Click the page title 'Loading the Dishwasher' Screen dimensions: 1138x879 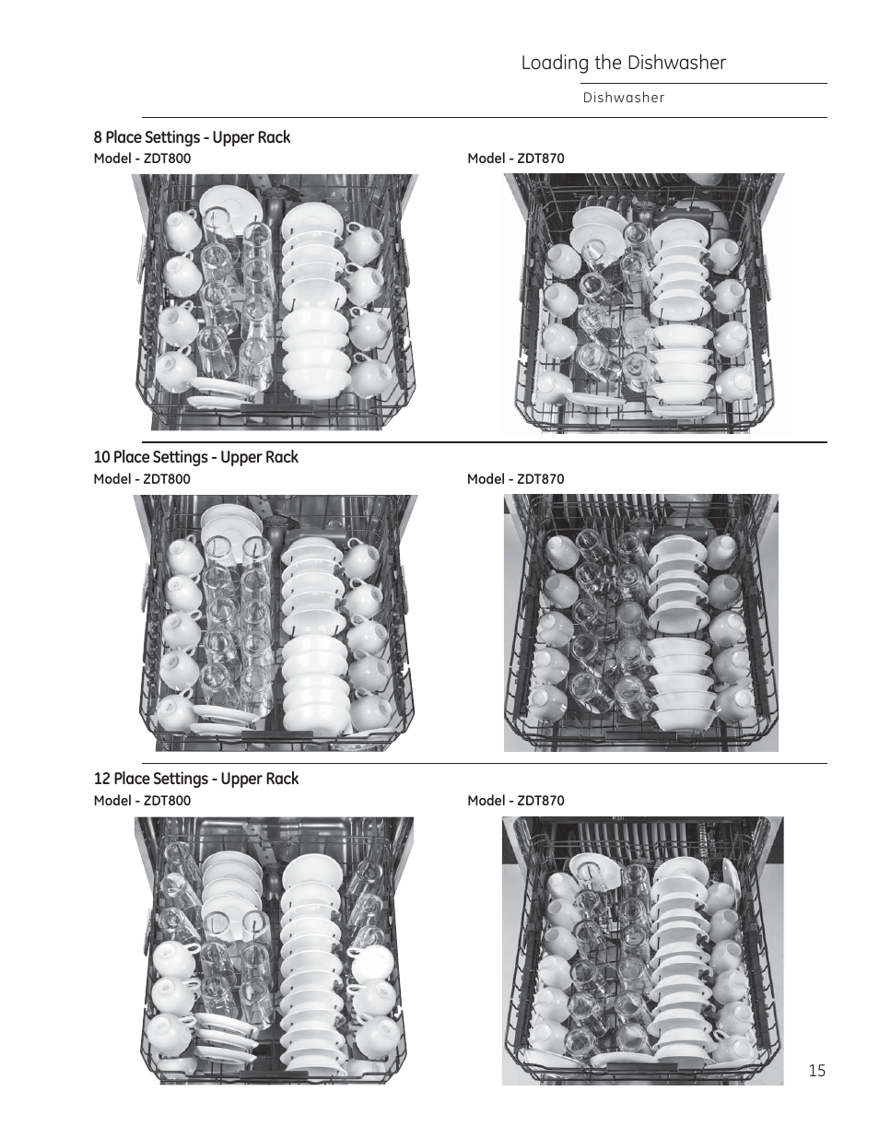(623, 63)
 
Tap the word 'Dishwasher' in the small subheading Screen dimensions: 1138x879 (623, 98)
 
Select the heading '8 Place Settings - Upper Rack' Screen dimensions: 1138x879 (192, 137)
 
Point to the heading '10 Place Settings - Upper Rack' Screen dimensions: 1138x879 (195, 457)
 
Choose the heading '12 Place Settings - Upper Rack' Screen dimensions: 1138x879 (196, 779)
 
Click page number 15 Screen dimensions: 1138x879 (817, 1070)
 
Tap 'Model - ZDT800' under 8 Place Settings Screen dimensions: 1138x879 (142, 158)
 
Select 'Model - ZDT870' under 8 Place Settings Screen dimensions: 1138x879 (515, 158)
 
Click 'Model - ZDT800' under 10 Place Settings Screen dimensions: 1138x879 (142, 479)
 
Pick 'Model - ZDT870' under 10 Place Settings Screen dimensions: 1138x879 (515, 479)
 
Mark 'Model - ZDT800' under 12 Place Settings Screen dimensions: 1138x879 (142, 801)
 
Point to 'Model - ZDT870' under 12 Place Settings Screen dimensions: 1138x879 (515, 801)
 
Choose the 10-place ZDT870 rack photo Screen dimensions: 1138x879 (641, 623)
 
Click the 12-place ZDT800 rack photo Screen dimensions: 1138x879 (275, 949)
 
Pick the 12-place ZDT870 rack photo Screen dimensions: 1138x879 (642, 950)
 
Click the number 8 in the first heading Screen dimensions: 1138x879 (98, 137)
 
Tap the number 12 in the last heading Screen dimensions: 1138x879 (100, 779)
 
